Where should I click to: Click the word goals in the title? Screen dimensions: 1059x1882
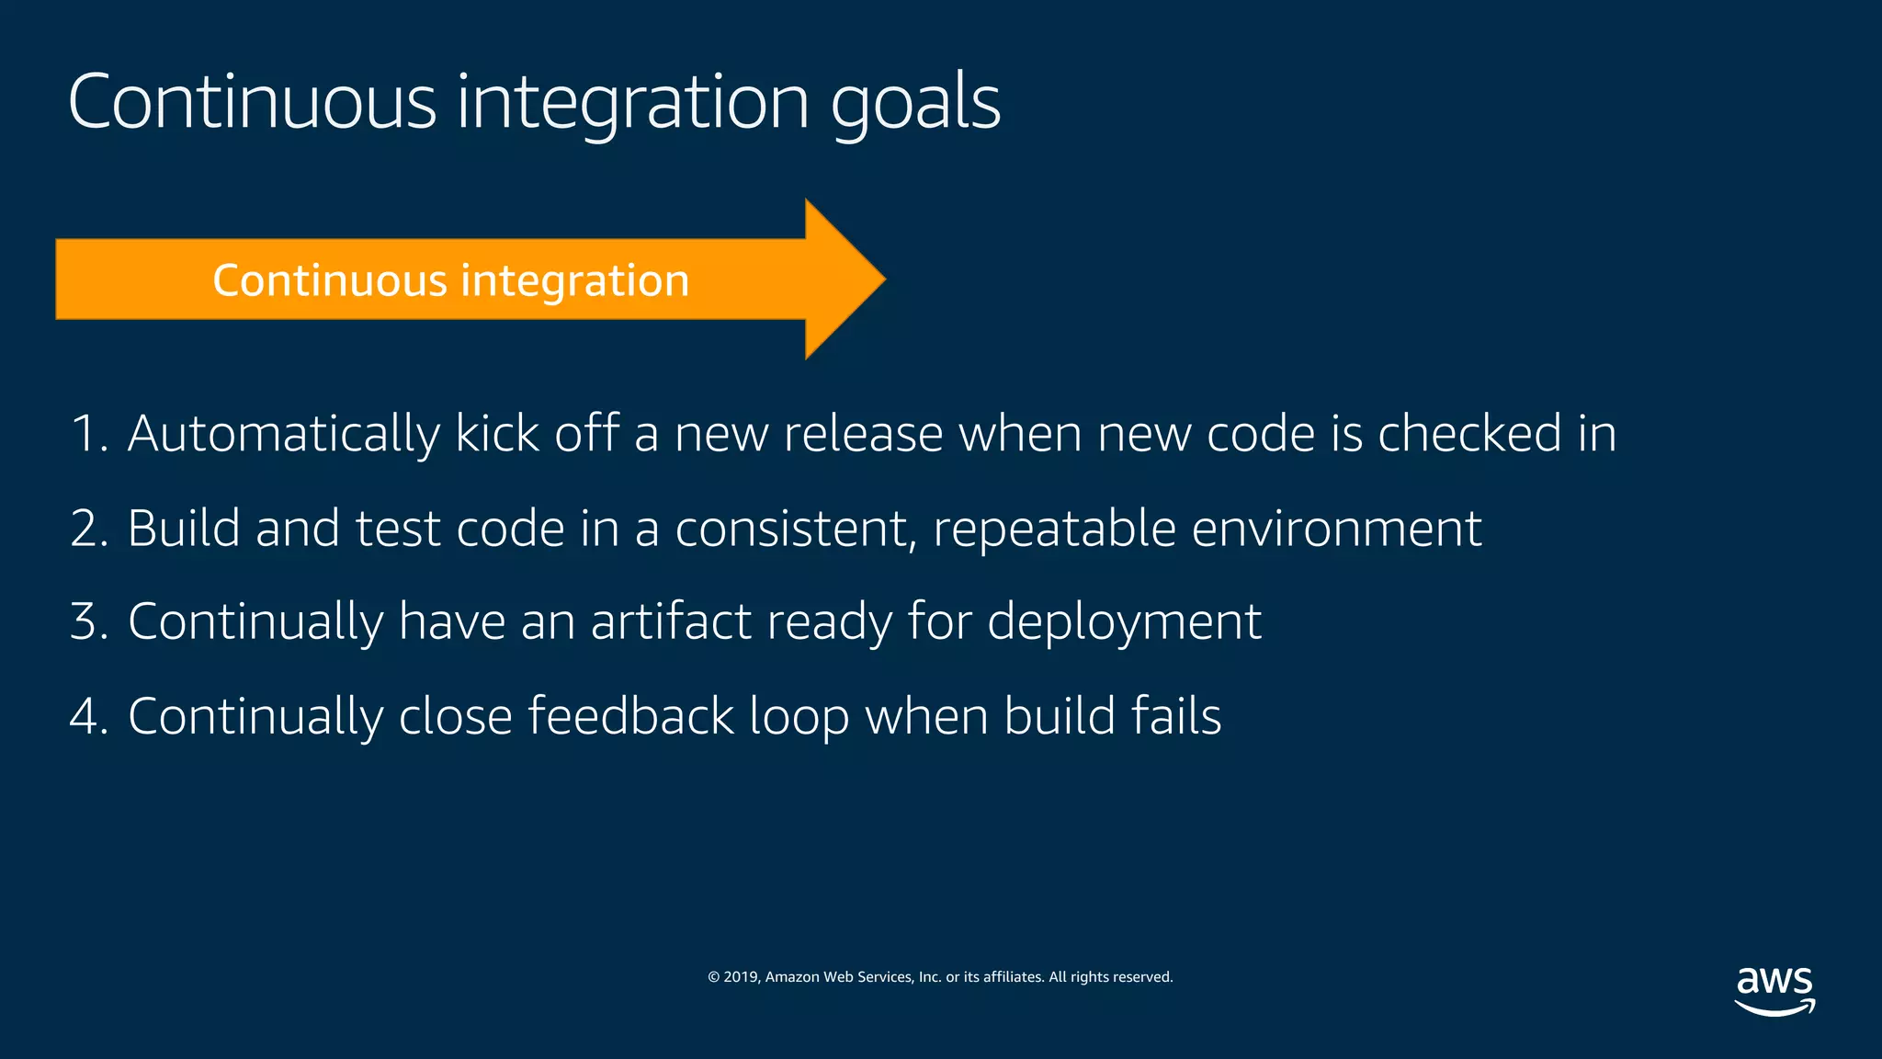coord(915,103)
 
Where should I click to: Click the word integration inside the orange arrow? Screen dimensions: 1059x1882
coord(574,280)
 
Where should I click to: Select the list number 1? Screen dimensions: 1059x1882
coord(86,434)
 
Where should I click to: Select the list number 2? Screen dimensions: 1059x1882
coord(86,529)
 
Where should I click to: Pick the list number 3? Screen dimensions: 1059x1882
coord(86,621)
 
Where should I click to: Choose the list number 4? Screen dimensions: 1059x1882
coord(86,716)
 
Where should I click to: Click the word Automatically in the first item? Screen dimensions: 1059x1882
coord(283,434)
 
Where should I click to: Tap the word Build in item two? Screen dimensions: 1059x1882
coord(183,529)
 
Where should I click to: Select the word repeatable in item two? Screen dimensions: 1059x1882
coord(1054,530)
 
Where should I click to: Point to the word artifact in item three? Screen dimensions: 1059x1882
coord(671,621)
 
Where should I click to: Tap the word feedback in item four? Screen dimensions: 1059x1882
coord(630,716)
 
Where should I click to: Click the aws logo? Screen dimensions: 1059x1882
coord(1774,991)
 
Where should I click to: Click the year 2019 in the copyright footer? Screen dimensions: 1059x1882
coord(740,977)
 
